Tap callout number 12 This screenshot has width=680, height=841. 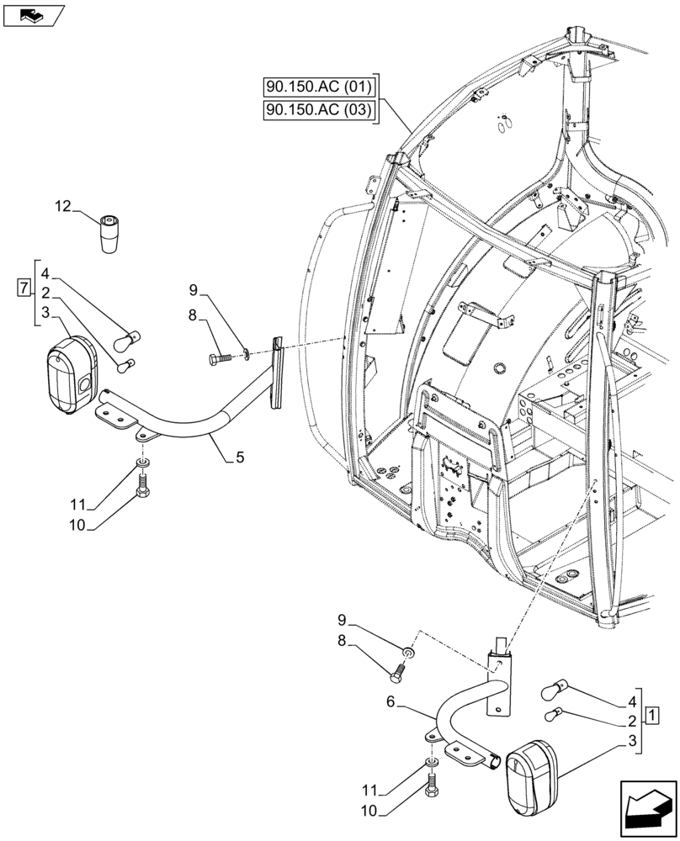[x=64, y=205]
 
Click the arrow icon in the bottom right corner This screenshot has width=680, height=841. [x=646, y=811]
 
